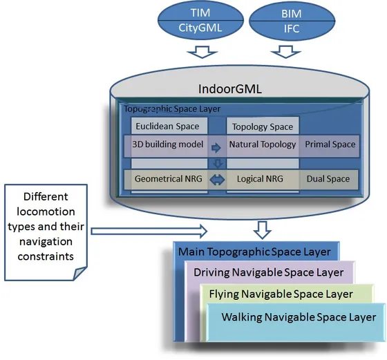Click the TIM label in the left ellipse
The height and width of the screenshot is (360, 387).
click(x=200, y=13)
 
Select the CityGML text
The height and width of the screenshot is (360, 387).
click(x=200, y=28)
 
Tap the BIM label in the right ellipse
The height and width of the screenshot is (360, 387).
click(x=291, y=14)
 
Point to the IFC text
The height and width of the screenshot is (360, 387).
click(x=292, y=29)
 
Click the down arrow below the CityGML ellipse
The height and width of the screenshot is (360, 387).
click(x=202, y=52)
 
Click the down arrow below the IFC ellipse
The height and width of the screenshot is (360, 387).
click(x=286, y=52)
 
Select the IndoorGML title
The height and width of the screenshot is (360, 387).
click(x=229, y=89)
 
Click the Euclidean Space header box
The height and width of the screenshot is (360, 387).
click(x=169, y=126)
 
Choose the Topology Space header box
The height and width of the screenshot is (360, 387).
click(x=263, y=126)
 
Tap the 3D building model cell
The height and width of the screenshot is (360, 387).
click(x=168, y=144)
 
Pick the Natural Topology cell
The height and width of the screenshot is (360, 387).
click(x=263, y=144)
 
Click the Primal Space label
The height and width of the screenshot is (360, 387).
click(x=330, y=144)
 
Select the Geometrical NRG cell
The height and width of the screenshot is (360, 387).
click(x=169, y=179)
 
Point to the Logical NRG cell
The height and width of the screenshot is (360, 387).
click(x=260, y=179)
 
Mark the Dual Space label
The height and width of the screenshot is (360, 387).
click(x=328, y=179)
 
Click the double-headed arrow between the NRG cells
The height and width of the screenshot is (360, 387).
click(x=217, y=180)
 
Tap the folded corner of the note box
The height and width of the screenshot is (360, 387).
click(x=79, y=274)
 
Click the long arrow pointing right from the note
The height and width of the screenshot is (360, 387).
click(x=149, y=231)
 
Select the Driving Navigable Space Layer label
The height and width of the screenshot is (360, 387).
click(x=269, y=272)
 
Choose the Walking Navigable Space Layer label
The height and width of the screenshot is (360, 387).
click(x=299, y=317)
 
